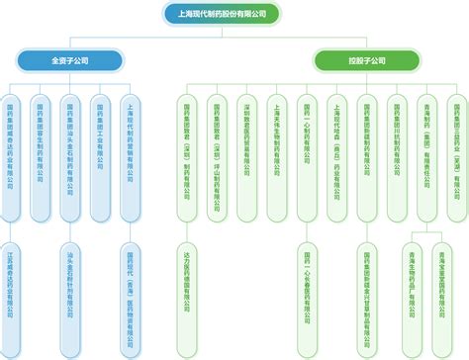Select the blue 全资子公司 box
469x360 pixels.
point(70,61)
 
